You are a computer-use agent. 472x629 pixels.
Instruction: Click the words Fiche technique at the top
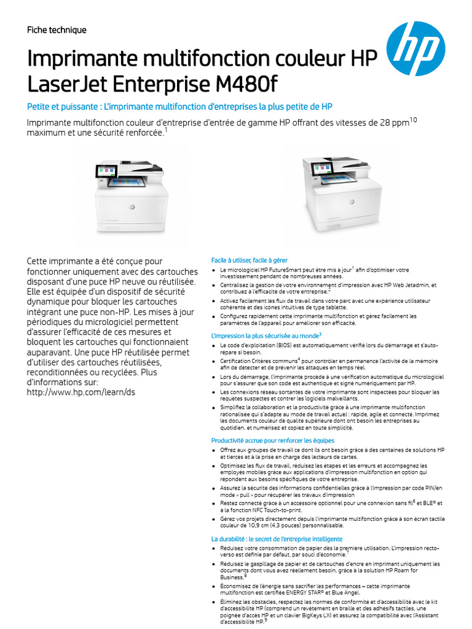(x=57, y=30)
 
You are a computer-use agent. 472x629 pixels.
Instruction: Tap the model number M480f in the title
(x=237, y=83)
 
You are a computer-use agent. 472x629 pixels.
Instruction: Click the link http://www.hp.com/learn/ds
(x=81, y=393)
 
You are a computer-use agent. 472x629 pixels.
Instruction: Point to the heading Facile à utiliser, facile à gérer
(x=250, y=260)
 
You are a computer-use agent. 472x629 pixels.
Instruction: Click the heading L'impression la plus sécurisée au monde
(x=265, y=335)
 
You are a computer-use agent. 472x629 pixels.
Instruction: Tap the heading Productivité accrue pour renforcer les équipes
(x=273, y=440)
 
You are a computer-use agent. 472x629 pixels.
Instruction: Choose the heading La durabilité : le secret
(x=277, y=539)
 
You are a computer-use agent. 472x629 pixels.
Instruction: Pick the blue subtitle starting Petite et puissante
(x=179, y=106)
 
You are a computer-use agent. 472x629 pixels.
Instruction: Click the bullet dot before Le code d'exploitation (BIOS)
(x=213, y=346)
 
